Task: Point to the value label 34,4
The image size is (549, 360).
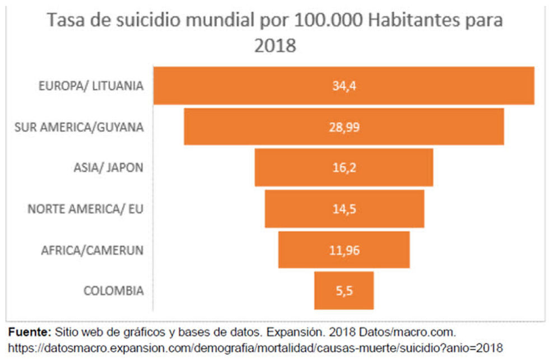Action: (x=344, y=86)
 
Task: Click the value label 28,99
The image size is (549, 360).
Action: (x=344, y=127)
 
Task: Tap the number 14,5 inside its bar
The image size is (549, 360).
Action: (x=344, y=209)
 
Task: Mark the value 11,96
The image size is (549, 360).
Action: (x=344, y=250)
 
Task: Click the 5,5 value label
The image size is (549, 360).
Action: (x=344, y=291)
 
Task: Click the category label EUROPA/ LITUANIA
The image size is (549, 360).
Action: (x=91, y=86)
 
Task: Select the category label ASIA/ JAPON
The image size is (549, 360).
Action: (x=108, y=167)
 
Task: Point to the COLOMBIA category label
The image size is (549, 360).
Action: (x=114, y=291)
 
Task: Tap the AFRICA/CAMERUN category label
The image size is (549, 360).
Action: (x=92, y=250)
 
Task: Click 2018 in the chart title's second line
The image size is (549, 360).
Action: (x=274, y=45)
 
